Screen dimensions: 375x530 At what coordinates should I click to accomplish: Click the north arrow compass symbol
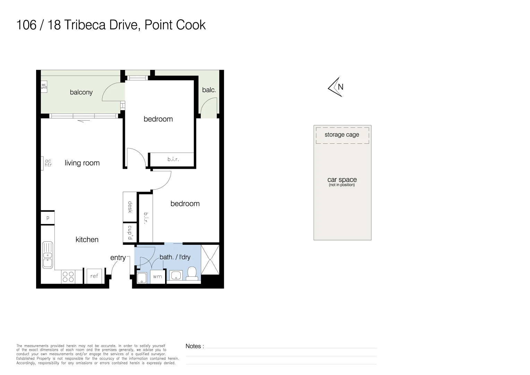pos(336,87)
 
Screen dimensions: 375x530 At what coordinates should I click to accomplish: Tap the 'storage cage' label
pos(342,135)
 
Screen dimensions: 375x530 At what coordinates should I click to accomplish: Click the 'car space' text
pos(342,180)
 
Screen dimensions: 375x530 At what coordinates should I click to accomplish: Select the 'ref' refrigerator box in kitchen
pos(94,276)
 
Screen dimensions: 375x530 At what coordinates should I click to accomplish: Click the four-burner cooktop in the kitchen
pos(68,277)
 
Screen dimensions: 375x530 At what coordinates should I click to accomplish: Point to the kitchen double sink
pos(48,255)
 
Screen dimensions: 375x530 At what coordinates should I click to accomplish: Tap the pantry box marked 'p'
pos(48,218)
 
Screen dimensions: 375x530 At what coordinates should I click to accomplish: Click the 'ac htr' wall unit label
pos(48,163)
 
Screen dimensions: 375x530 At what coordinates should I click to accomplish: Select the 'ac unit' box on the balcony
pos(44,86)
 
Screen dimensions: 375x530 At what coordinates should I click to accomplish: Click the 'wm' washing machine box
pos(157,277)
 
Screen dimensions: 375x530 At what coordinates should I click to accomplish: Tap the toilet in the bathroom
pos(192,273)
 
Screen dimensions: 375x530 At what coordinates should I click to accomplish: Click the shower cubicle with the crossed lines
pos(210,259)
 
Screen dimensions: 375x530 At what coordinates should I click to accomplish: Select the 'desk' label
pos(130,207)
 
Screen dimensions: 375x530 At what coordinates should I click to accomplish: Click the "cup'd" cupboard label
pos(130,232)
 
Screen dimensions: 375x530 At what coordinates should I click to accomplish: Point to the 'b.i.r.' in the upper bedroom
pos(173,159)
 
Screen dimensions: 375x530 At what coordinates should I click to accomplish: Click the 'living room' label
pos(82,163)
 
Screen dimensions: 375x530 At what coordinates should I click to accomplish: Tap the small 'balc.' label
pos(209,90)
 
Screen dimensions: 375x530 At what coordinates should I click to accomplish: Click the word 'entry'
pos(118,258)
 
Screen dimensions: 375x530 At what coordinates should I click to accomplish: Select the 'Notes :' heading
pos(195,346)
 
